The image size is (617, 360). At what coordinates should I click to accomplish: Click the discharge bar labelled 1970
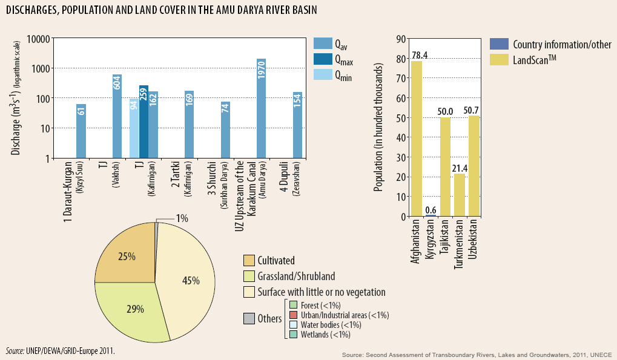[x=262, y=109]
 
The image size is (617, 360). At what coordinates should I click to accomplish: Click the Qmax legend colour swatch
[x=322, y=59]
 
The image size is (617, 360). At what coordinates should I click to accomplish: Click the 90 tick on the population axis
[x=400, y=39]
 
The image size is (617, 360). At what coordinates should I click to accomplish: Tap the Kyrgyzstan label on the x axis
[x=430, y=241]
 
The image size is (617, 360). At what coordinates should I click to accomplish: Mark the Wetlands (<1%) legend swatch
[x=292, y=334]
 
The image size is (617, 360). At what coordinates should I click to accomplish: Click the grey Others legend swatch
[x=248, y=319]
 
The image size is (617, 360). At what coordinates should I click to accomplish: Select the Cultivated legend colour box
[x=248, y=261]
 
